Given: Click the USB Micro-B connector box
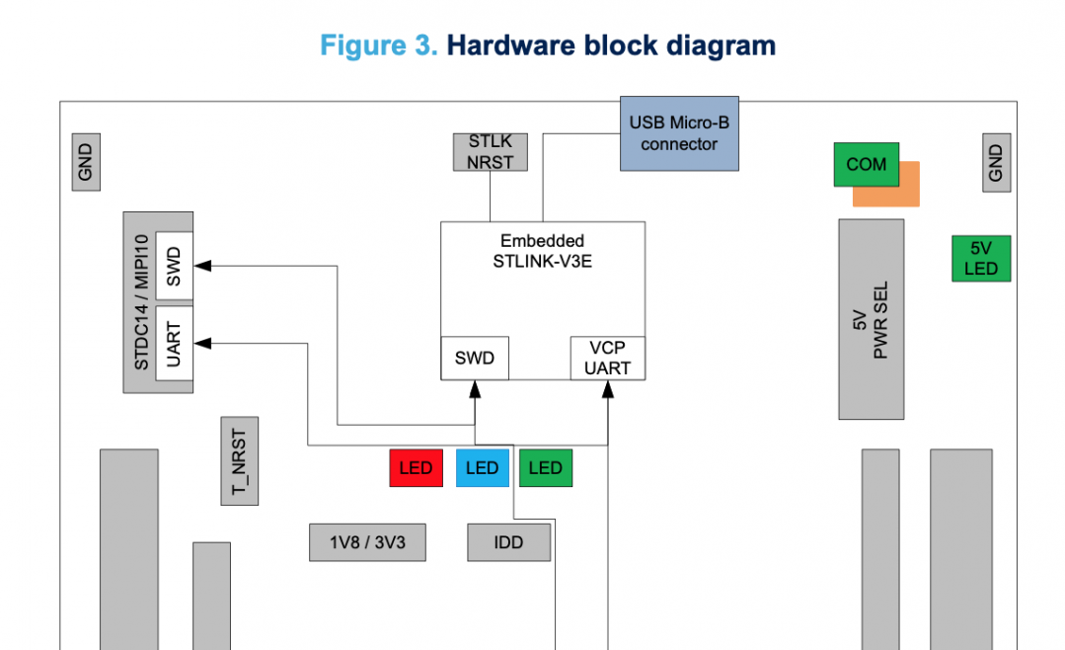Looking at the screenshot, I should pos(679,133).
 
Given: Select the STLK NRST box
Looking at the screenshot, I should pos(491,152).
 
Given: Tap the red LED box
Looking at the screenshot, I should pos(416,468).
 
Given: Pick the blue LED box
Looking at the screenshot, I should pos(482,468).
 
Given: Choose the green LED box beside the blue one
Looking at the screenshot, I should pos(546,468).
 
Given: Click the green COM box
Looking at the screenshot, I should pos(866,165).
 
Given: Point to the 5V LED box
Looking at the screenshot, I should pos(981,259).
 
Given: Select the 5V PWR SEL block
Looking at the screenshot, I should pos(871,319).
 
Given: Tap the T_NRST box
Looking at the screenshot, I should pos(240,460).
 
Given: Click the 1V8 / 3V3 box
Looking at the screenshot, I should pos(367,542).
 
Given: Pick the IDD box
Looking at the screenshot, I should pos(508,542).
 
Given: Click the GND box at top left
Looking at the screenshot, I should pos(86,162).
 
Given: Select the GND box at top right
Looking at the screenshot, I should pos(996,162).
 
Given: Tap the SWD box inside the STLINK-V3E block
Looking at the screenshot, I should pos(474,359).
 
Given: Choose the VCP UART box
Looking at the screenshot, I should pos(607,359).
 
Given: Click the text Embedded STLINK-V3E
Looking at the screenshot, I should pos(541,251).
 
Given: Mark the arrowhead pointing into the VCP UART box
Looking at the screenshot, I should pos(607,390).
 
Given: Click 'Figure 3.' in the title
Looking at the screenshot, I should pos(379,45).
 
